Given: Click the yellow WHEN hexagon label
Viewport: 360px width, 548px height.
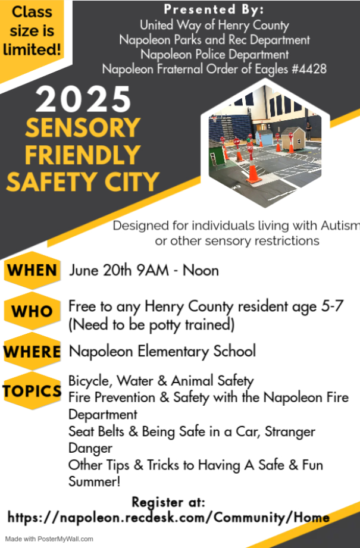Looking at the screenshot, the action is pyautogui.click(x=32, y=270).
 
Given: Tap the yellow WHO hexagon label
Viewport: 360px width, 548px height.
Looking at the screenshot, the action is pyautogui.click(x=32, y=311).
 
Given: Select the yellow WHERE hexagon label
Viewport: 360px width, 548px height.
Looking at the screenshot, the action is pyautogui.click(x=32, y=351).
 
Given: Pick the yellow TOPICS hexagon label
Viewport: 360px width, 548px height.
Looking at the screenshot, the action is pyautogui.click(x=32, y=390).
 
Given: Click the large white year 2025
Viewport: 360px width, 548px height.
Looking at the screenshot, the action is pyautogui.click(x=83, y=99).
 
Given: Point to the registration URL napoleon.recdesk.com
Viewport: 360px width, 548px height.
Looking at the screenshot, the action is pyautogui.click(x=168, y=517).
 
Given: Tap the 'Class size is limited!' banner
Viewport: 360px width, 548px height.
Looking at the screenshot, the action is pyautogui.click(x=32, y=31).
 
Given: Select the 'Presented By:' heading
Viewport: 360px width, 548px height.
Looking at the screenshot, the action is pyautogui.click(x=214, y=10).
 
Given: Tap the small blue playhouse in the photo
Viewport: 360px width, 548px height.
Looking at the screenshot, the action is pyautogui.click(x=264, y=138).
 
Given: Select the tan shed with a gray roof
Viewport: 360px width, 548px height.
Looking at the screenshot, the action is pyautogui.click(x=293, y=139).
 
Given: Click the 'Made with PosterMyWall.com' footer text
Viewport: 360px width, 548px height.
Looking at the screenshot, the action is pyautogui.click(x=49, y=539).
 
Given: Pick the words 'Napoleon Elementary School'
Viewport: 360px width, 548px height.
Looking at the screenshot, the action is pyautogui.click(x=162, y=351).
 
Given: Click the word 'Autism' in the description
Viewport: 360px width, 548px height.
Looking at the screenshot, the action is pyautogui.click(x=340, y=226).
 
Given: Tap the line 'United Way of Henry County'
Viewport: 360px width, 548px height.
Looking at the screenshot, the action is pyautogui.click(x=214, y=25).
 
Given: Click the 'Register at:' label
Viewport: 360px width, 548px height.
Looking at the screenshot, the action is pyautogui.click(x=168, y=502).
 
